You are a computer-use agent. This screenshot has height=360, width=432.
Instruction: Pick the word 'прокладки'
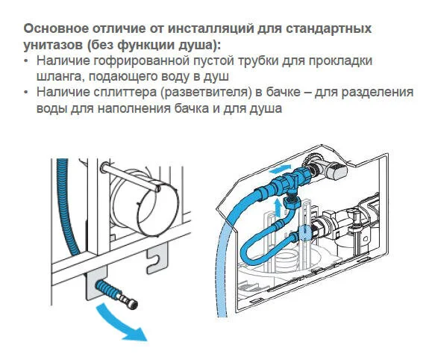[340, 60]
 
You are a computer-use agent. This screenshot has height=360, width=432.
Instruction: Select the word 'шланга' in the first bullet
[61, 76]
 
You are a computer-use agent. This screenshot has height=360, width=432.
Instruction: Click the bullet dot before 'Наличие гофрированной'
[28, 60]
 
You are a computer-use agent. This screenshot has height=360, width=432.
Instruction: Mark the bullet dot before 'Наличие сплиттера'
[28, 93]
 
